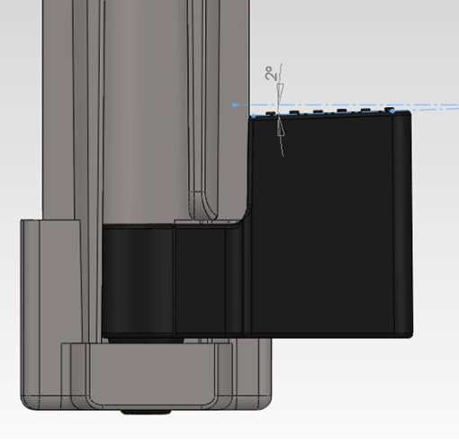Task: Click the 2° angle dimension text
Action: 269,76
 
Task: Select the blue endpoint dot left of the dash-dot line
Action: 235,104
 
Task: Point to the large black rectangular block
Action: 333,225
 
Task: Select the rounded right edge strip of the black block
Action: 404,225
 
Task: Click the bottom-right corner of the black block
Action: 410,334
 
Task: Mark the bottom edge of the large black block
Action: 333,334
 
